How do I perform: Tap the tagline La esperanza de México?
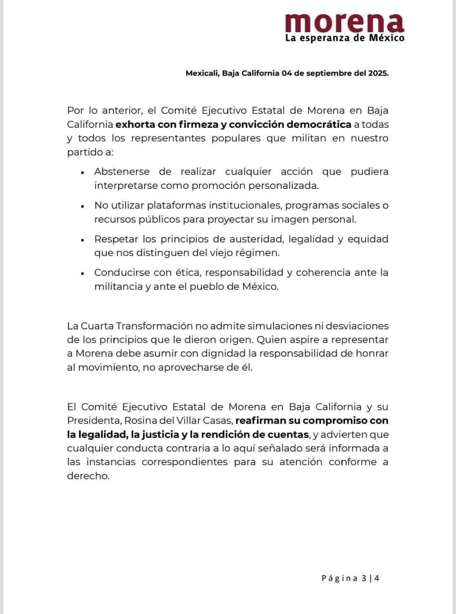pyautogui.click(x=345, y=38)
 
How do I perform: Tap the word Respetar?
pyautogui.click(x=116, y=239)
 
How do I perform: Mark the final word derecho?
pyautogui.click(x=88, y=476)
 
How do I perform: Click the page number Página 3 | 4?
pyautogui.click(x=350, y=578)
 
